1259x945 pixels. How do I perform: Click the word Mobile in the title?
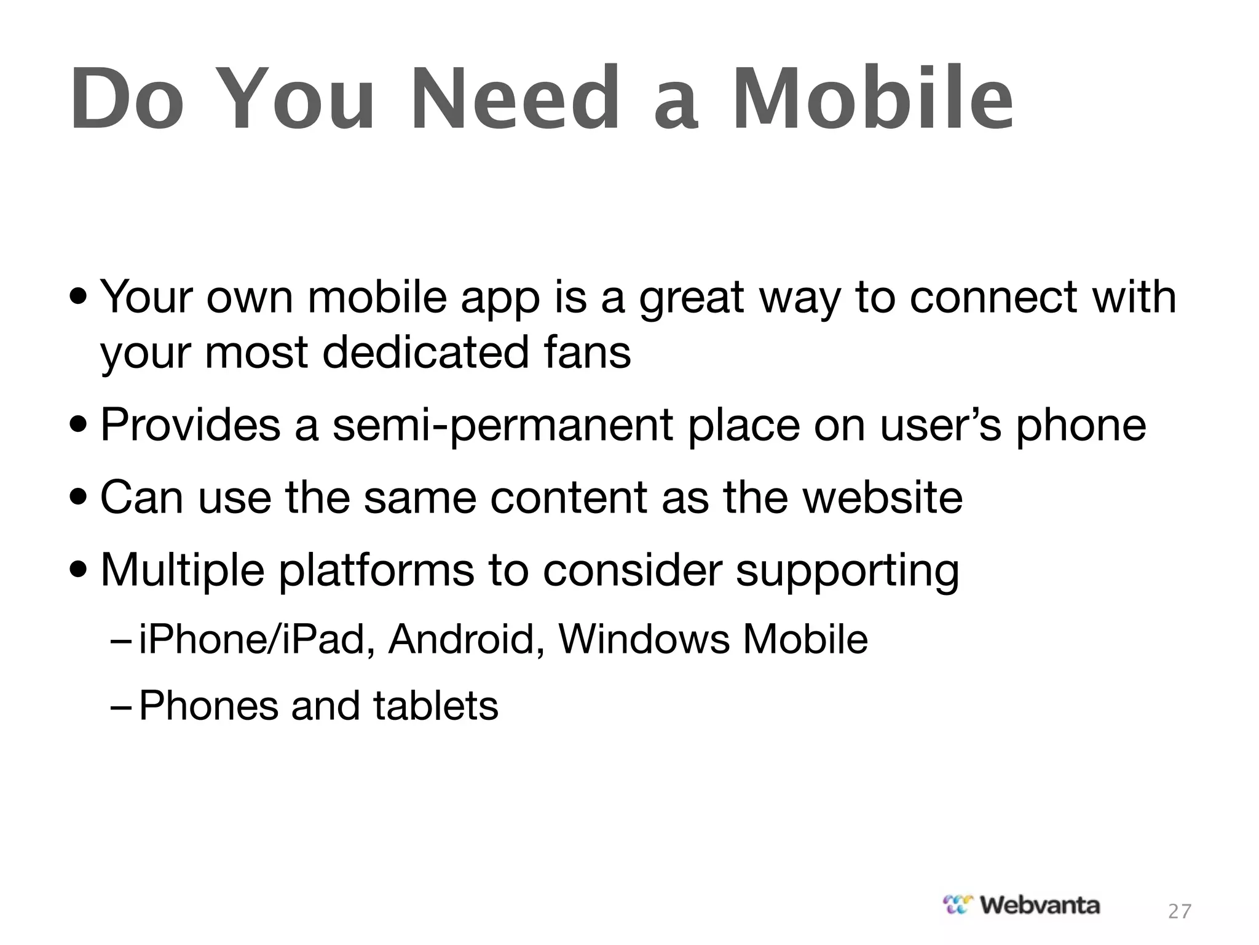[873, 98]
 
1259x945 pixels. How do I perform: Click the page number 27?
[1179, 911]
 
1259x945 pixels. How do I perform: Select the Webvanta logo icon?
[958, 904]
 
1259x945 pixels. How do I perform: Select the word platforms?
[376, 571]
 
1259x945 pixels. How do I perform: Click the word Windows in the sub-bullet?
[644, 639]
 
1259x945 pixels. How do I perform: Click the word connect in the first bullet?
[993, 297]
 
